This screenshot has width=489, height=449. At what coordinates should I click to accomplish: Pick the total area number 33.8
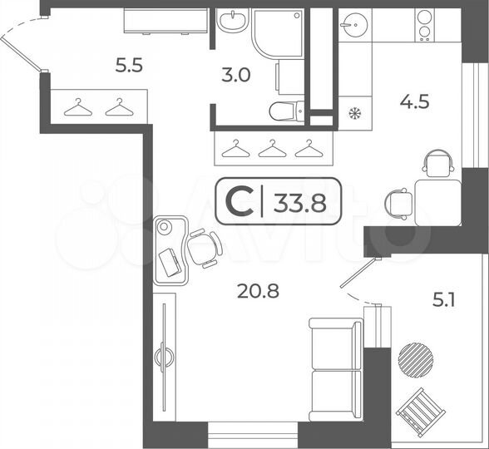point(298,201)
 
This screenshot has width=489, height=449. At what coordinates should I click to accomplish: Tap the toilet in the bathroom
point(286,111)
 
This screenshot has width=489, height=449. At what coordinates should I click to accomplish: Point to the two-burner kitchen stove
point(424,25)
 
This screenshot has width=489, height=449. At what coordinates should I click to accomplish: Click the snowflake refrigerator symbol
point(353,112)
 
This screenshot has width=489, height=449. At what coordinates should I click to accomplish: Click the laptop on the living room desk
point(170,262)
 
